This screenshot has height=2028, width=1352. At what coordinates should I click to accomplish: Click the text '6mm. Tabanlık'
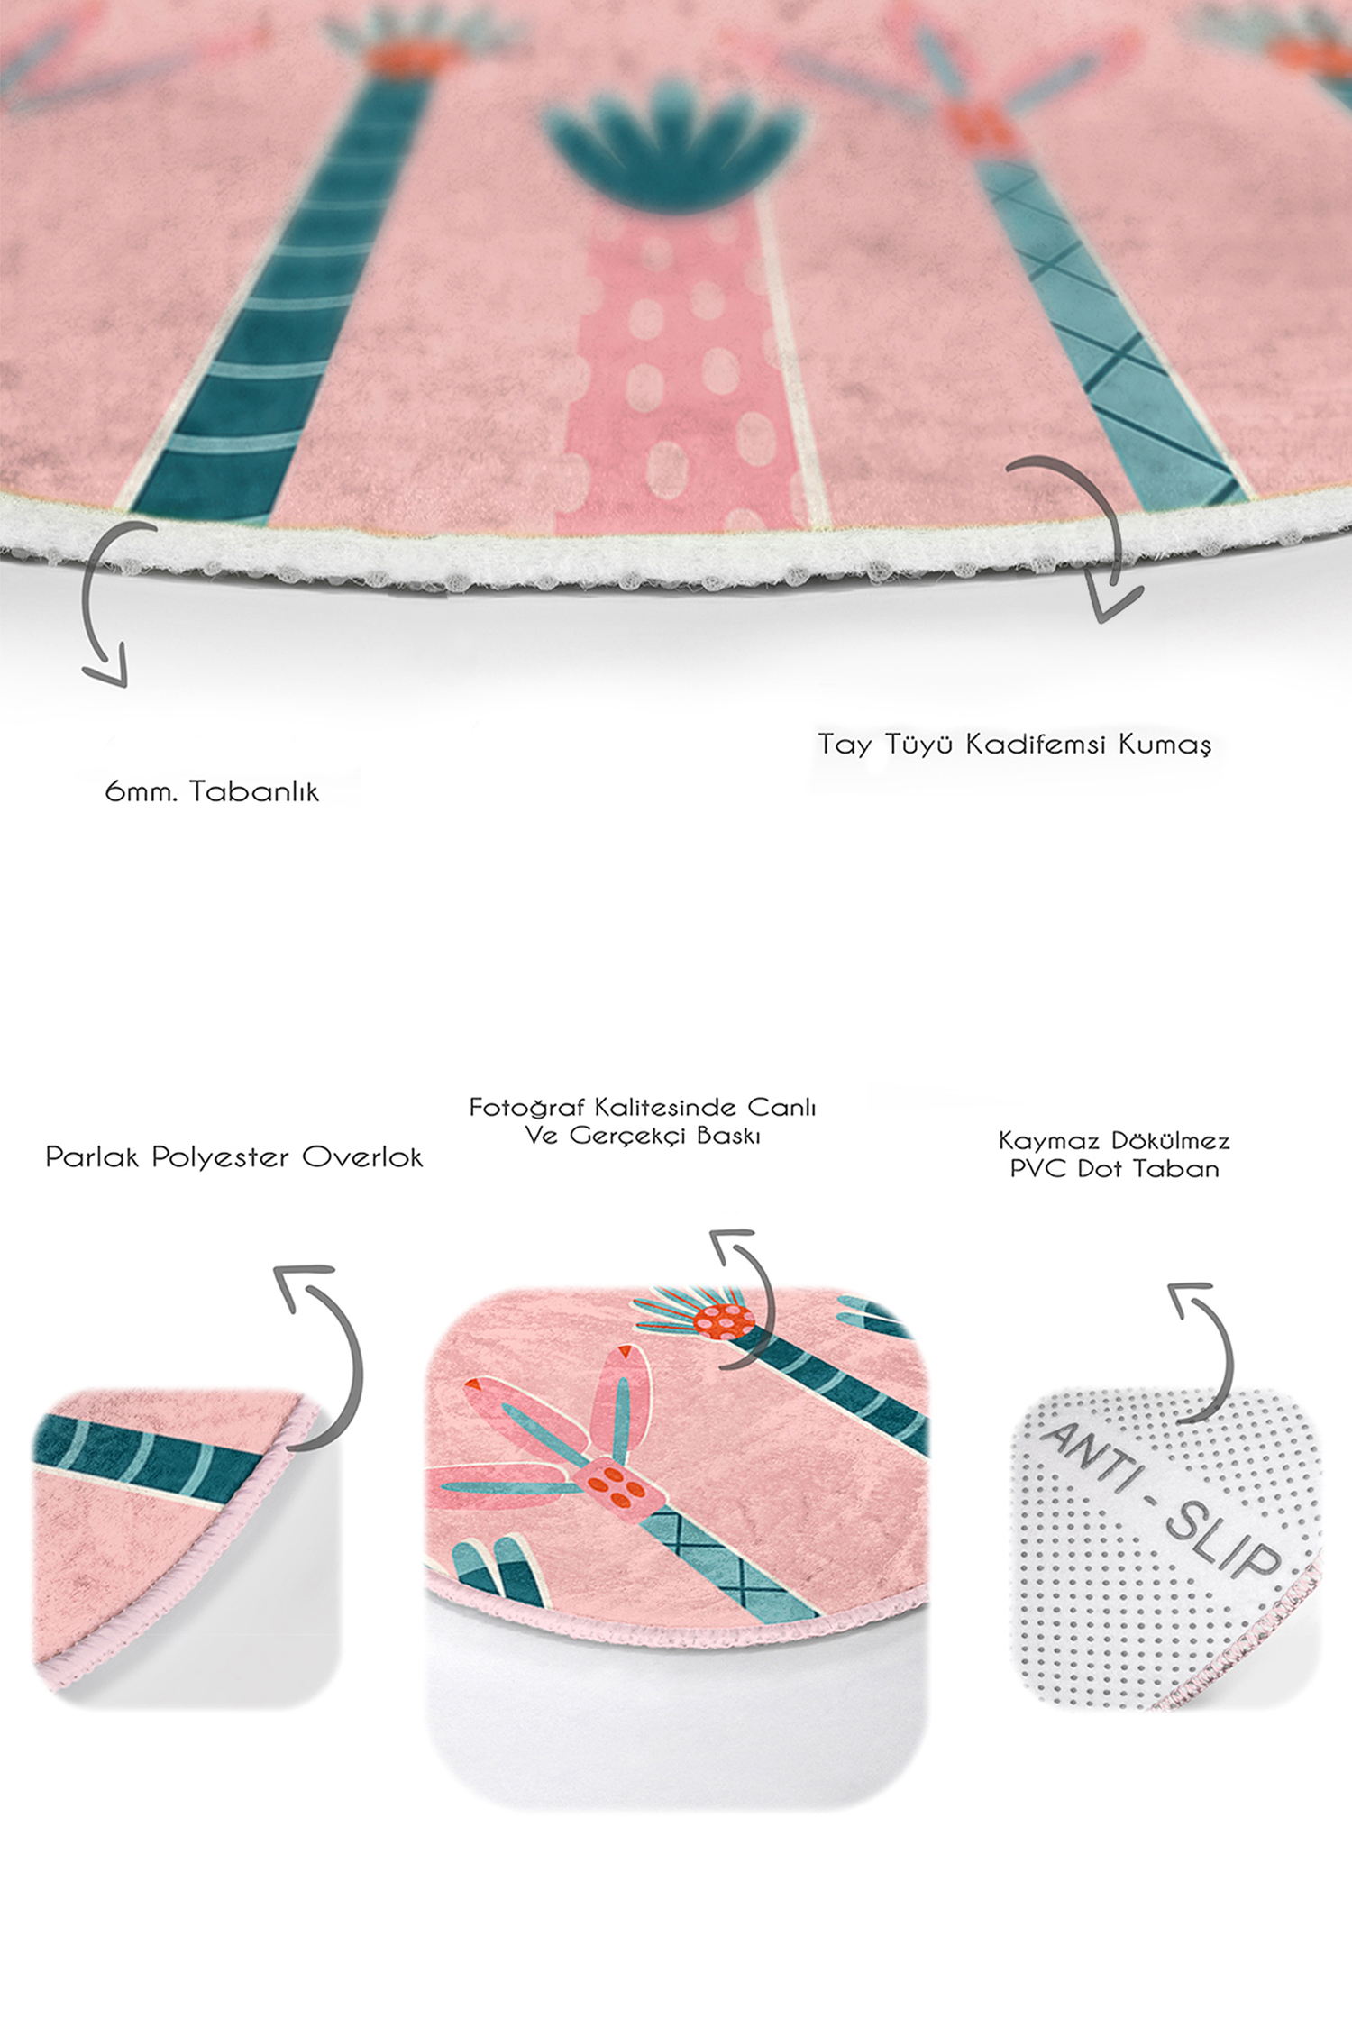pyautogui.click(x=212, y=791)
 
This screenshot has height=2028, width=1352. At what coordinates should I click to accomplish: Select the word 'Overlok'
pyautogui.click(x=361, y=1157)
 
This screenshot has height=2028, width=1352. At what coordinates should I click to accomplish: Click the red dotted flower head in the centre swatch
pyautogui.click(x=725, y=1320)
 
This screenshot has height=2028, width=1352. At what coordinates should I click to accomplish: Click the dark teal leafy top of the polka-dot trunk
pyautogui.click(x=671, y=144)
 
